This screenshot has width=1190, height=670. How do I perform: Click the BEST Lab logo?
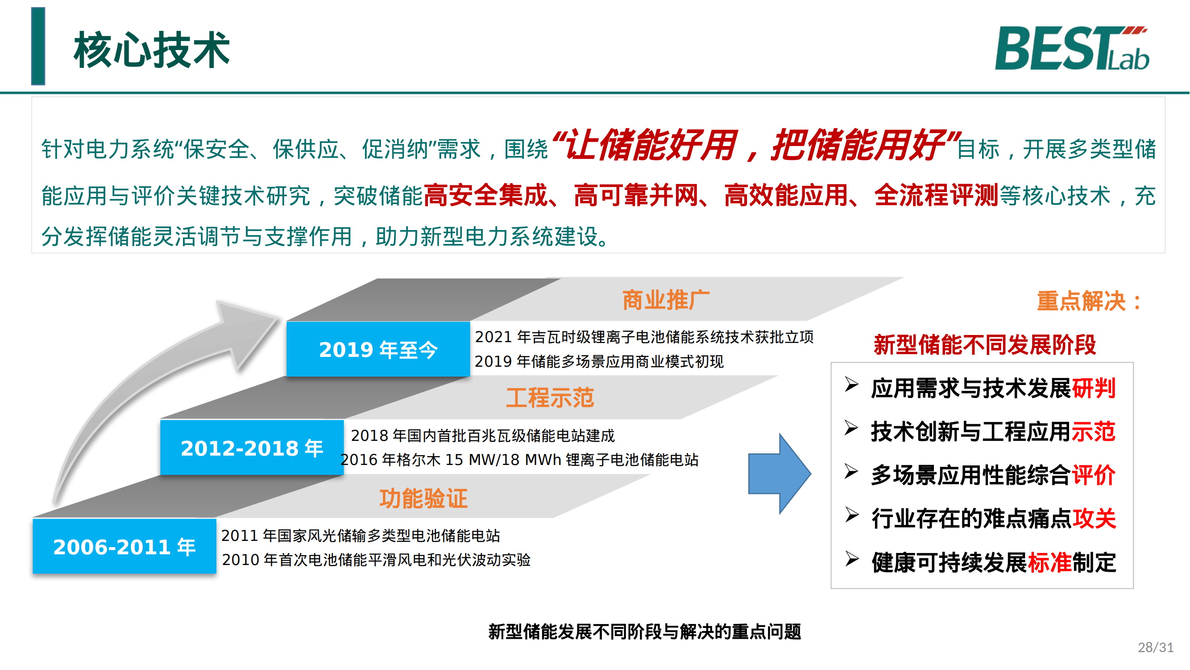tap(1072, 48)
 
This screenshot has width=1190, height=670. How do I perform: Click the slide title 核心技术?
tap(152, 50)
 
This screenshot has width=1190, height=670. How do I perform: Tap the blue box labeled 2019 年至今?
tap(378, 349)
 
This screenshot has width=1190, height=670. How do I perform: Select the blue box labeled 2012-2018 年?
tap(252, 448)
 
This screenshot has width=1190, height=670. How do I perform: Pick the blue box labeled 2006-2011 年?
tap(124, 546)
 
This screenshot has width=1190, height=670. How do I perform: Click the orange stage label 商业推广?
tap(666, 300)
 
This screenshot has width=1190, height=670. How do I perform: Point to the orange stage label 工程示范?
tap(550, 398)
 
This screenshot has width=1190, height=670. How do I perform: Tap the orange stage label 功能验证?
tap(423, 498)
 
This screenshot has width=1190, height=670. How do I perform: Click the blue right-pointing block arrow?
tap(780, 473)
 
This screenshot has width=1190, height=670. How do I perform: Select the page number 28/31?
tap(1155, 647)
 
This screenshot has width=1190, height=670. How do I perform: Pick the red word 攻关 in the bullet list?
tap(1094, 518)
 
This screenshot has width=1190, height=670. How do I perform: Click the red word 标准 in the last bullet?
tap(1049, 562)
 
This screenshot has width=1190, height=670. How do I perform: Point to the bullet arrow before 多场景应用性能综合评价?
tap(851, 472)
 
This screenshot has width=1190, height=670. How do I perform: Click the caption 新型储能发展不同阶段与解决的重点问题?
tap(644, 632)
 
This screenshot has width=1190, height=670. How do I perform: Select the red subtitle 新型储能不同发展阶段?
tap(984, 345)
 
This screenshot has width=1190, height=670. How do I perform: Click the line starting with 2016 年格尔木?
tap(519, 460)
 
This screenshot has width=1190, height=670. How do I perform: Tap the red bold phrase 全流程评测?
tap(937, 195)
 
